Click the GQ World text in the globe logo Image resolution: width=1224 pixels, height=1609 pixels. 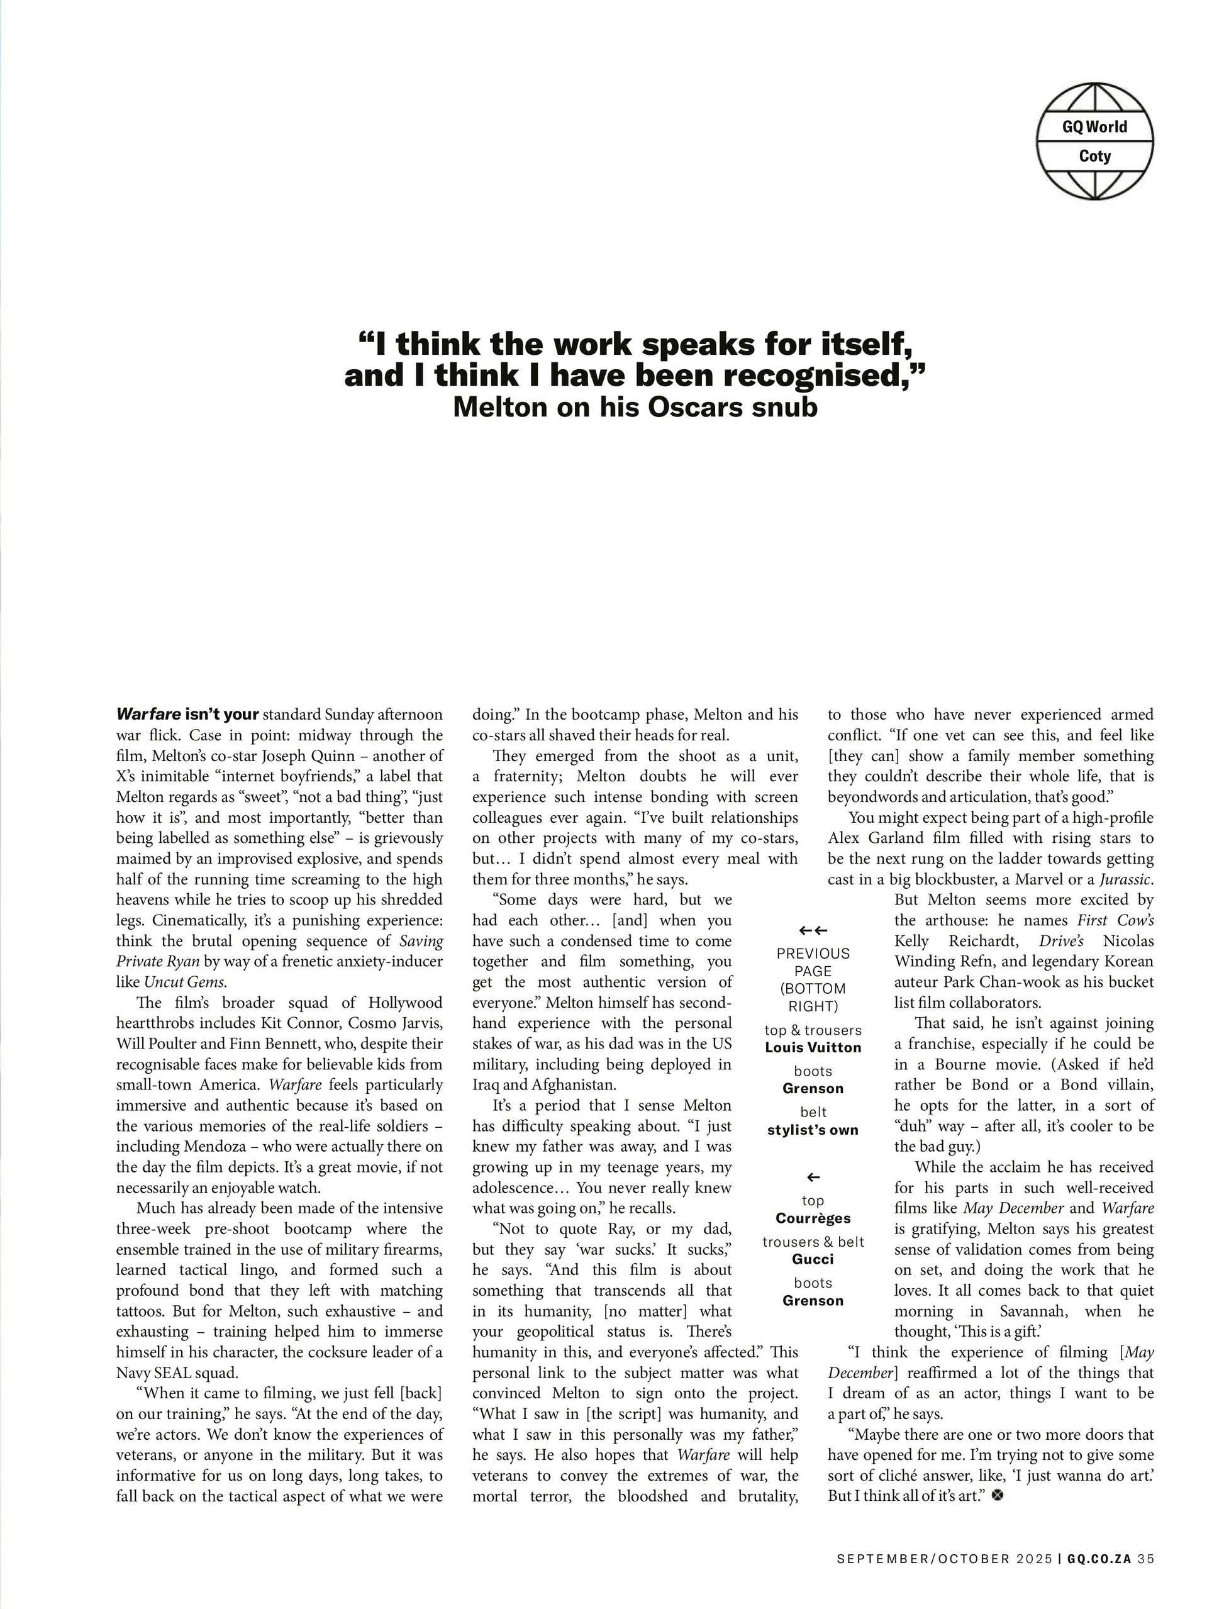pyautogui.click(x=1094, y=126)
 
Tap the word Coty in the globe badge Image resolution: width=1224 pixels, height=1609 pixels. pyautogui.click(x=1094, y=157)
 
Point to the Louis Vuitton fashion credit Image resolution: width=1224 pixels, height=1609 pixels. pyautogui.click(x=813, y=1047)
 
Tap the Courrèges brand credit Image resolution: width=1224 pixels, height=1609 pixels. pyautogui.click(x=813, y=1218)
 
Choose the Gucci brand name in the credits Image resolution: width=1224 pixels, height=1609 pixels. pyautogui.click(x=813, y=1259)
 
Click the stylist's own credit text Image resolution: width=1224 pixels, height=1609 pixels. pyautogui.click(x=813, y=1130)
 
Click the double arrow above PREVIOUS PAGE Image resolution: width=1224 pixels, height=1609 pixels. pyautogui.click(x=813, y=930)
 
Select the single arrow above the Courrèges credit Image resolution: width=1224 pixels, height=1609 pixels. pyautogui.click(x=813, y=1177)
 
